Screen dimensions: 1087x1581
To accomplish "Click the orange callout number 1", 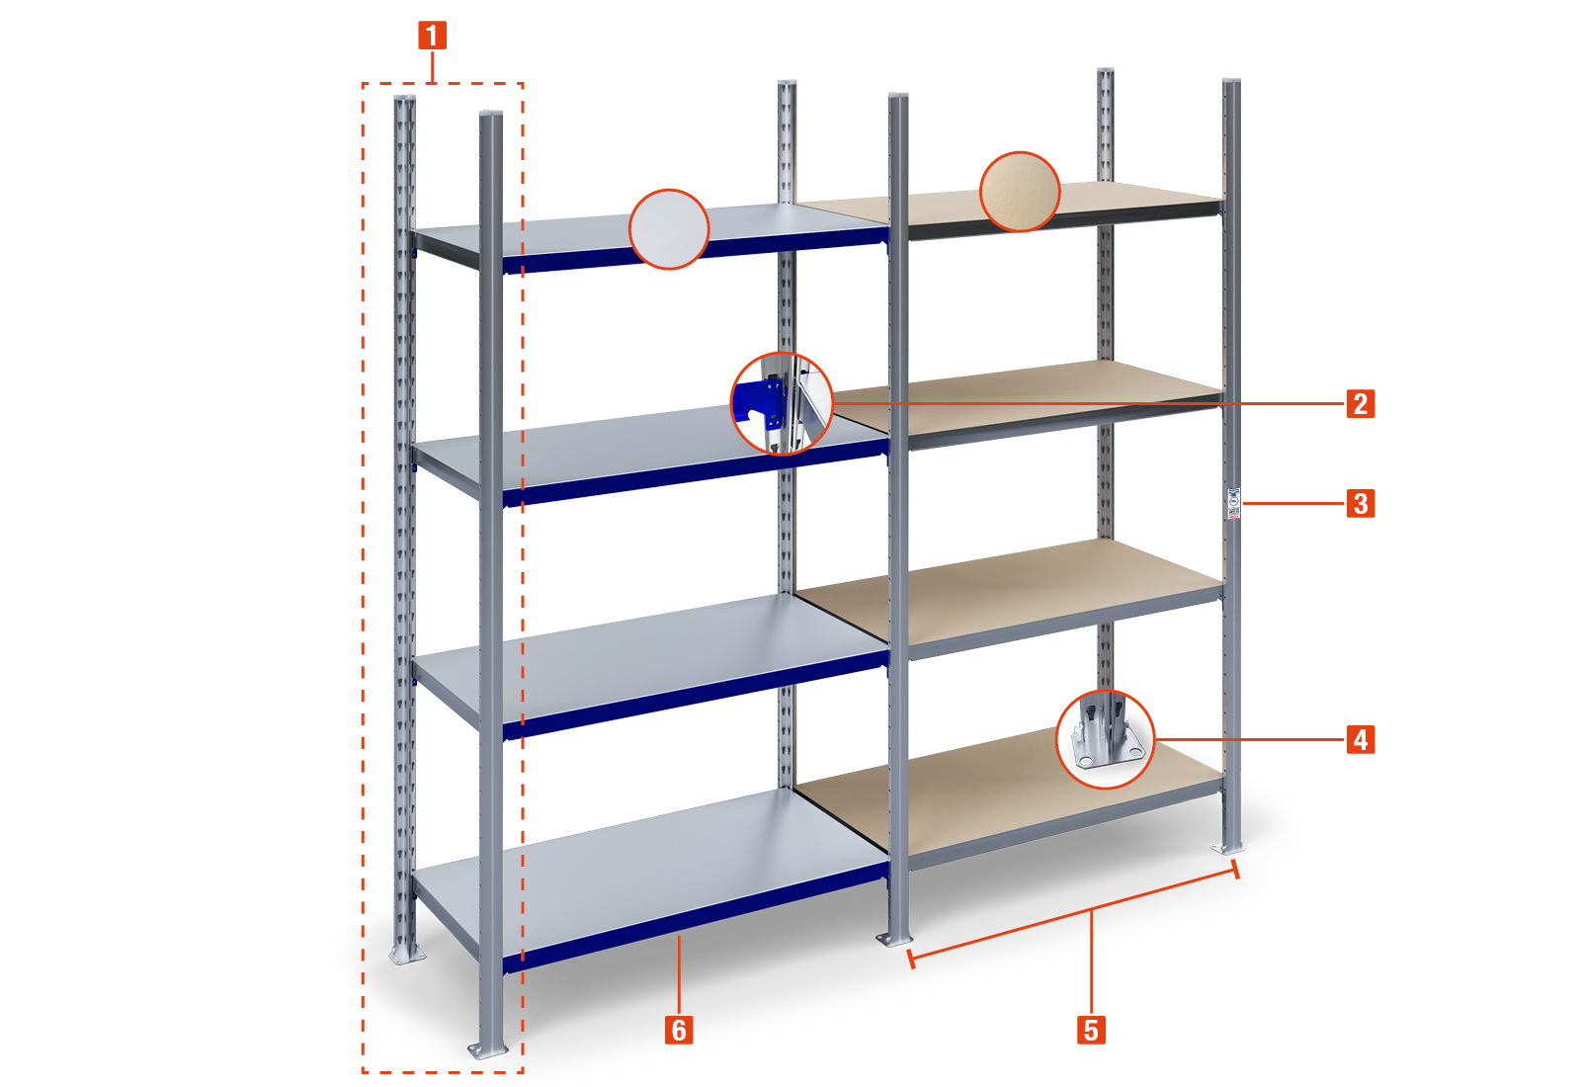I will pyautogui.click(x=432, y=36).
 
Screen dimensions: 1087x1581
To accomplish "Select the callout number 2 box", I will pyautogui.click(x=1361, y=403).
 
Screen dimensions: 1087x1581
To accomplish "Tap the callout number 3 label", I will pyautogui.click(x=1361, y=503).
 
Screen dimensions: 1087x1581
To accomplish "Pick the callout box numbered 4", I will pyautogui.click(x=1361, y=739).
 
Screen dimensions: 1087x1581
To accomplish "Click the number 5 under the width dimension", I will pyautogui.click(x=1091, y=1030).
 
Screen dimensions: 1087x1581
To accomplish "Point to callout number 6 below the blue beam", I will pyautogui.click(x=679, y=1030).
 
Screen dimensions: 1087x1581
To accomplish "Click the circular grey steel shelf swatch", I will pyautogui.click(x=669, y=229).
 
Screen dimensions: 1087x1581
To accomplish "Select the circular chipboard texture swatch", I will pyautogui.click(x=1020, y=192).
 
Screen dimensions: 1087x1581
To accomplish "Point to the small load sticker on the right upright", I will pyautogui.click(x=1233, y=503).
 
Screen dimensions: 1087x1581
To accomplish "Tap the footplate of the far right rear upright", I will pyautogui.click(x=1228, y=848).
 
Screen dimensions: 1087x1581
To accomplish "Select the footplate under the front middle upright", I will pyautogui.click(x=896, y=938).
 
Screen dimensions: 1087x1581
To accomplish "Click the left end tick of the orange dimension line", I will pyautogui.click(x=910, y=958).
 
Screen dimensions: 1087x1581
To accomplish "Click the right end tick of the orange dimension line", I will pyautogui.click(x=1235, y=870).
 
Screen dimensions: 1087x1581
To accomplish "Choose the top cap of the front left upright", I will pyautogui.click(x=491, y=116).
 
